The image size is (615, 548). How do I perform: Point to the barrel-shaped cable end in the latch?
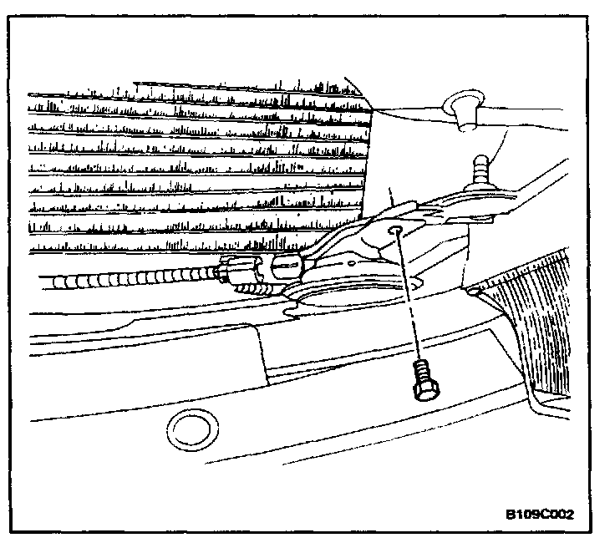[x=287, y=268]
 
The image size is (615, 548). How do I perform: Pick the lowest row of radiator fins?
[x=167, y=249]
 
